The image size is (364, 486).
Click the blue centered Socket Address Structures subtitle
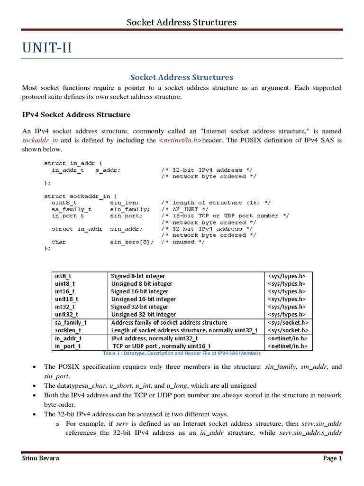point(182,77)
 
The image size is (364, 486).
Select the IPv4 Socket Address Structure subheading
point(76,114)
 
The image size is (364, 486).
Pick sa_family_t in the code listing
point(72,209)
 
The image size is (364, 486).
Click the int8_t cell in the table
point(64,276)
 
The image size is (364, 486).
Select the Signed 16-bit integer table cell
point(139,291)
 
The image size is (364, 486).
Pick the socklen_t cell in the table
point(68,330)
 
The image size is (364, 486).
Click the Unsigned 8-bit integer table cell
point(141,283)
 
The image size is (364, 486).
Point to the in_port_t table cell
point(68,346)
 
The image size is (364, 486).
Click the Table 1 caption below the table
point(182,353)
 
